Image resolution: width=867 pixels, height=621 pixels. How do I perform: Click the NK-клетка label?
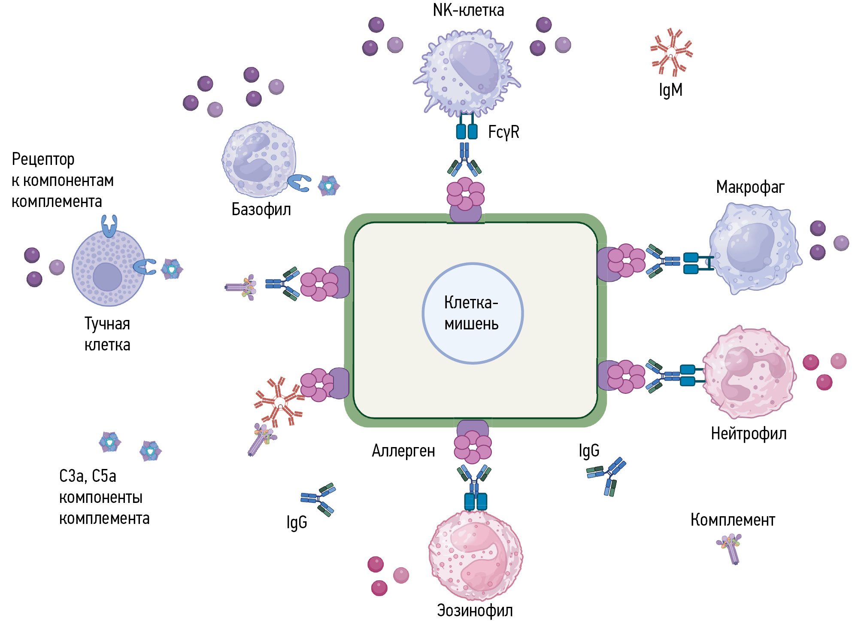(468, 10)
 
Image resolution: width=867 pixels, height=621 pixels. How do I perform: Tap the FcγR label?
(503, 132)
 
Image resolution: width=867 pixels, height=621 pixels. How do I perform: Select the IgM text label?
(670, 90)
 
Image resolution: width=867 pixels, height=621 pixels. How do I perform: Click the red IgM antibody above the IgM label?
(671, 52)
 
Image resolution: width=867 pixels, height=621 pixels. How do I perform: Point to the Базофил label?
(261, 210)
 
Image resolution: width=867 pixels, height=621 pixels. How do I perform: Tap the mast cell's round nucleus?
(107, 277)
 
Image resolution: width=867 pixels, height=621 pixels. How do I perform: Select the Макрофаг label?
(750, 187)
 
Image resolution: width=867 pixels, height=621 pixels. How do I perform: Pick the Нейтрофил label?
(749, 434)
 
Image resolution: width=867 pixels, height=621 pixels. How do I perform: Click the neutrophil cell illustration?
(749, 372)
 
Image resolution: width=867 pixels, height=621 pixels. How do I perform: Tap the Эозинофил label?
(475, 610)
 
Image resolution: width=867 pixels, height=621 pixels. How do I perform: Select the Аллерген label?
(403, 451)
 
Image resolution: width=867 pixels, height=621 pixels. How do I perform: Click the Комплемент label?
(733, 520)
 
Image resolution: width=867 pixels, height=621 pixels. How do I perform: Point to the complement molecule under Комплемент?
(730, 548)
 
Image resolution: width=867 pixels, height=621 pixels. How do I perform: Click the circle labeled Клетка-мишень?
(473, 314)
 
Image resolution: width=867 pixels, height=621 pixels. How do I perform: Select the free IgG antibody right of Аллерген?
(607, 475)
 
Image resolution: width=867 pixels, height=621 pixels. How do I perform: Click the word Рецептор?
(43, 159)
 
